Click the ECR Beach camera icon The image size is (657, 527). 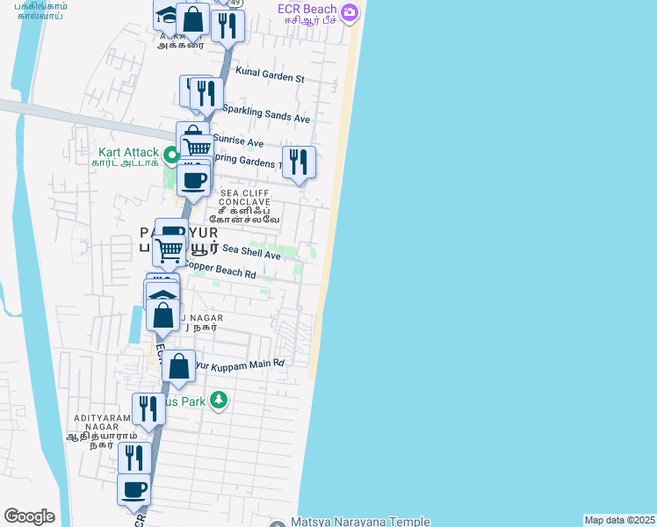pos(350,12)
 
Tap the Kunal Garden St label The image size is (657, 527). pos(263,77)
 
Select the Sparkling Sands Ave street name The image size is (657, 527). pos(266,113)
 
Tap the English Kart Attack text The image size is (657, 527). pos(128,152)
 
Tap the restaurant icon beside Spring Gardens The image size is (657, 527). pos(299,161)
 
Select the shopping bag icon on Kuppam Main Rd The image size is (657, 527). pos(178,366)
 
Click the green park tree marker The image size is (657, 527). pos(218,401)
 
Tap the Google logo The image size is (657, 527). pos(29,516)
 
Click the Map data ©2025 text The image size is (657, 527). pos(619,520)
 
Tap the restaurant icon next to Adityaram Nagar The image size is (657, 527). pos(148,408)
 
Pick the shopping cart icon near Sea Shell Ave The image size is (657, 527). pos(169,249)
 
